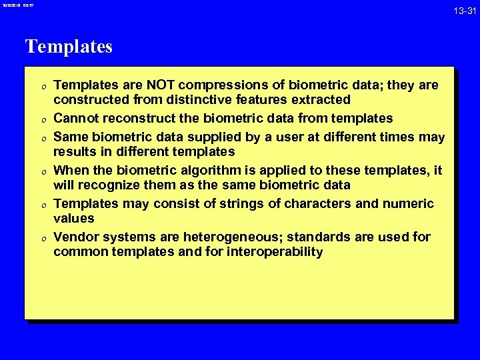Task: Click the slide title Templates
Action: [69, 47]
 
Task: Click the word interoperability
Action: [275, 252]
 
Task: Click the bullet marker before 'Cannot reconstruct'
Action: [41, 119]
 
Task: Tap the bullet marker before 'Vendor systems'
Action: [41, 238]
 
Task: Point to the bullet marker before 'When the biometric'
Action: [41, 171]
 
